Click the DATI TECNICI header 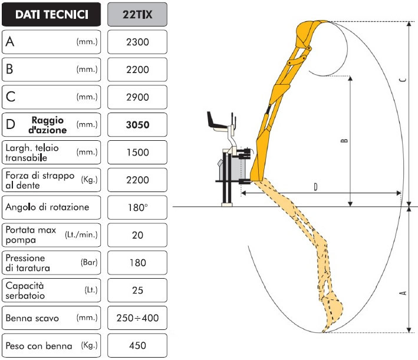(51, 14)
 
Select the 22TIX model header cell (137, 14)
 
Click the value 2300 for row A (137, 42)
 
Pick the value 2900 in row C (137, 97)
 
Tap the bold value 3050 (137, 125)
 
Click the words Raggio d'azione (48, 125)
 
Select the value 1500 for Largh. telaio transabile (137, 153)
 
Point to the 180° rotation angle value (137, 207)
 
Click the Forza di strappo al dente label (40, 180)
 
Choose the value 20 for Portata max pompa (137, 235)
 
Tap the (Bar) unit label (89, 262)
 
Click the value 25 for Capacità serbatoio (137, 290)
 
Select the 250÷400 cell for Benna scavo (137, 318)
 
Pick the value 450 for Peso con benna (137, 346)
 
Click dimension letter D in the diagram (315, 187)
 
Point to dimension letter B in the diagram (344, 140)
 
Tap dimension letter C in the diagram (403, 80)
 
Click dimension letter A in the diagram (403, 293)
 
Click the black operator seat (217, 122)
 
